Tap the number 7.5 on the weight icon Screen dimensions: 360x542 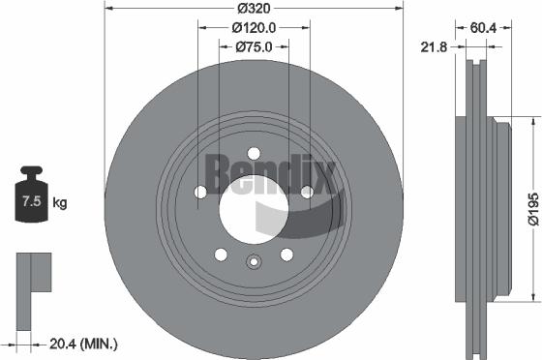[x=31, y=203]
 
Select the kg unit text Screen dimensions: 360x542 [x=59, y=203]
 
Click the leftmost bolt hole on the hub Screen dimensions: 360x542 [x=200, y=192]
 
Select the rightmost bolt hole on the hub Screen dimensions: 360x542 [x=307, y=192]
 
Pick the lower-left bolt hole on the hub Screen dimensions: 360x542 [x=221, y=255]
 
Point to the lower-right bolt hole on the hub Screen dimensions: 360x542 [x=286, y=255]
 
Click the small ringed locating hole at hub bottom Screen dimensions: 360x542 [x=254, y=260]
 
